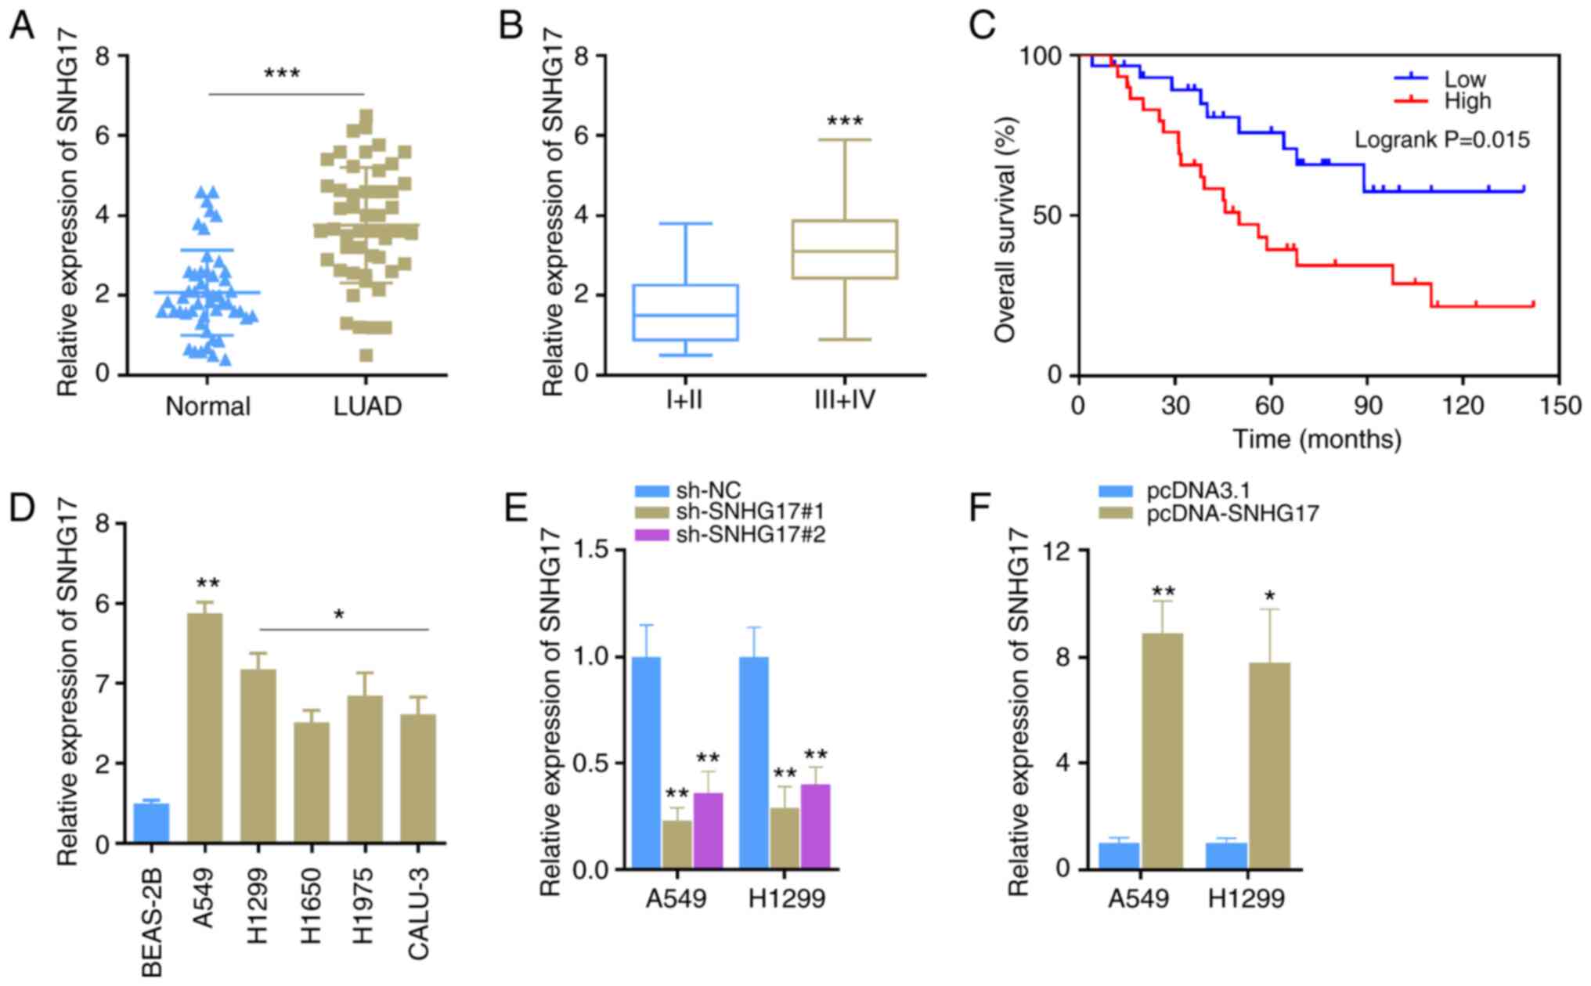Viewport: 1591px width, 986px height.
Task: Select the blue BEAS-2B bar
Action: tap(151, 823)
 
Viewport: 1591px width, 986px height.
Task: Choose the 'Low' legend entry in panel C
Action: tap(1464, 79)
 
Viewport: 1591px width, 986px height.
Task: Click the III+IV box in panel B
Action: tap(844, 250)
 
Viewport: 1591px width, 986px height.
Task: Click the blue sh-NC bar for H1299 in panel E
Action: tap(752, 763)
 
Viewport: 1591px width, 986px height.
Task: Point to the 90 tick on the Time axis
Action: tap(1366, 406)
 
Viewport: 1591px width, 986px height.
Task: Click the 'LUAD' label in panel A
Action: tap(367, 406)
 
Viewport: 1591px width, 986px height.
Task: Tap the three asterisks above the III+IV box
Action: tap(845, 121)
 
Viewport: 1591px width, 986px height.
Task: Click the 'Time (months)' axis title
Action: tap(1318, 439)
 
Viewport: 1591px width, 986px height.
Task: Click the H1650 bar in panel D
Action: tap(312, 782)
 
